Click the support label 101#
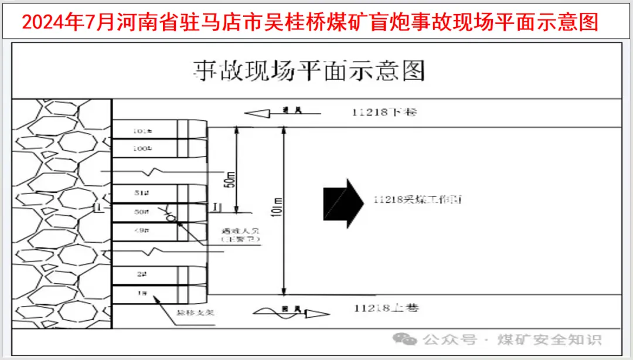point(139,131)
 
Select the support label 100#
point(139,149)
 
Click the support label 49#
point(139,232)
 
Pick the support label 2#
point(139,273)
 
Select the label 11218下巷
point(384,112)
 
